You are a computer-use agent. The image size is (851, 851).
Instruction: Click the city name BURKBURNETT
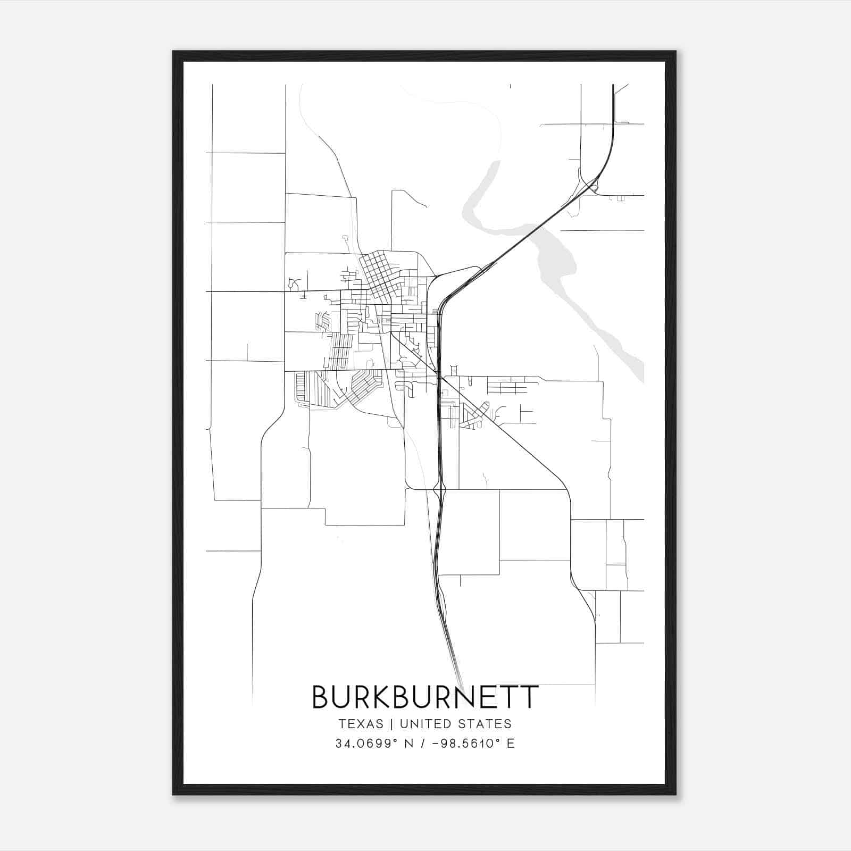[x=425, y=697]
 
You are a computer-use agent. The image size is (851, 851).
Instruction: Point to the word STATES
[x=485, y=724]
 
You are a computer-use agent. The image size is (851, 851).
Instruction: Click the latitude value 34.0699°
[x=366, y=744]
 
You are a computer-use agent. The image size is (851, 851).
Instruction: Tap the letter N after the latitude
[x=408, y=744]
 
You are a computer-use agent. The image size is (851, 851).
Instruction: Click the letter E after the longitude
[x=511, y=744]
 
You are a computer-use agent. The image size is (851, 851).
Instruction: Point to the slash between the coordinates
[x=422, y=744]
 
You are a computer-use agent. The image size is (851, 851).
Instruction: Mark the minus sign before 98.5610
[x=437, y=744]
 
